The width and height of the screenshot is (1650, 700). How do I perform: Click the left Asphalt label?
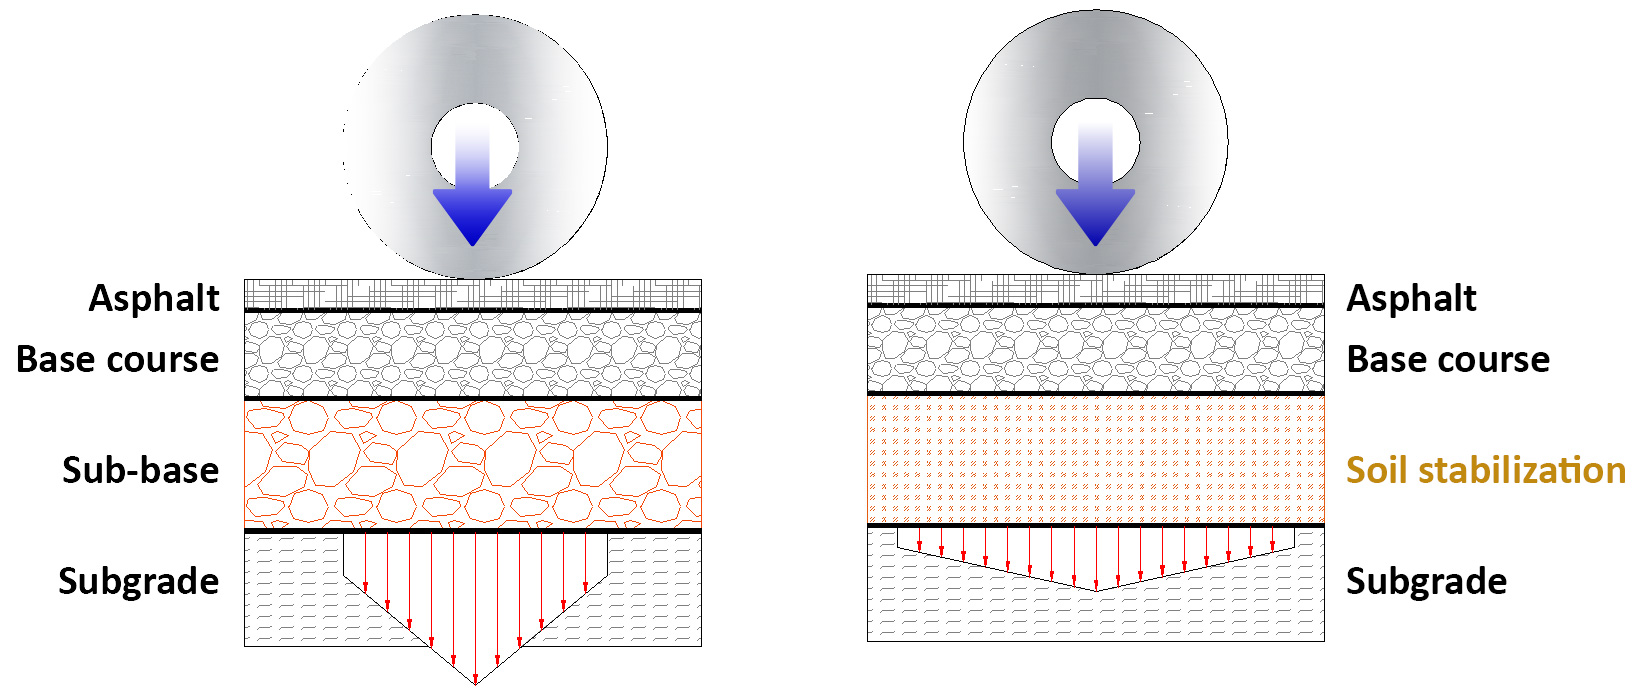pyautogui.click(x=154, y=298)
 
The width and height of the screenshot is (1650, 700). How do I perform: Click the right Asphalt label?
pyautogui.click(x=1411, y=298)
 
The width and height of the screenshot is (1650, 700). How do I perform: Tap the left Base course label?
pyautogui.click(x=118, y=359)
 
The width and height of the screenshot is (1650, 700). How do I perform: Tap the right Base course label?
pyautogui.click(x=1448, y=359)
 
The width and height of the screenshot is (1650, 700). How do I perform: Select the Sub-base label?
pyautogui.click(x=141, y=470)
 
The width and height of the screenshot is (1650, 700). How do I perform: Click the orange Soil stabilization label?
pyautogui.click(x=1485, y=470)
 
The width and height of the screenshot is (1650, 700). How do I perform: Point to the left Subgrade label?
pyautogui.click(x=139, y=581)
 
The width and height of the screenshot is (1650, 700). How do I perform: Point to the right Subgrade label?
pyautogui.click(x=1426, y=581)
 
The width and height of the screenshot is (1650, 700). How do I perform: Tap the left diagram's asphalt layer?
pyautogui.click(x=473, y=295)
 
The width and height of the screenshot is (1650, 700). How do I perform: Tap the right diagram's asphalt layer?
pyautogui.click(x=1096, y=290)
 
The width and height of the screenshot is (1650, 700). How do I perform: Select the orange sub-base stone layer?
pyautogui.click(x=473, y=464)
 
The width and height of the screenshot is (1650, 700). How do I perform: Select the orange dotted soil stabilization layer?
pyautogui.click(x=1096, y=459)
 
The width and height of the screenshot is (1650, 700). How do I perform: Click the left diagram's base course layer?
pyautogui.click(x=473, y=355)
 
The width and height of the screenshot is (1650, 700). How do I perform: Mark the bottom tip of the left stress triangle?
pyautogui.click(x=476, y=684)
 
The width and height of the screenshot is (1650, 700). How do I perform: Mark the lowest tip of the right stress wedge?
pyautogui.click(x=1096, y=590)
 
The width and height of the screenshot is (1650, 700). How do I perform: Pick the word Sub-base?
pyautogui.click(x=141, y=470)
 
